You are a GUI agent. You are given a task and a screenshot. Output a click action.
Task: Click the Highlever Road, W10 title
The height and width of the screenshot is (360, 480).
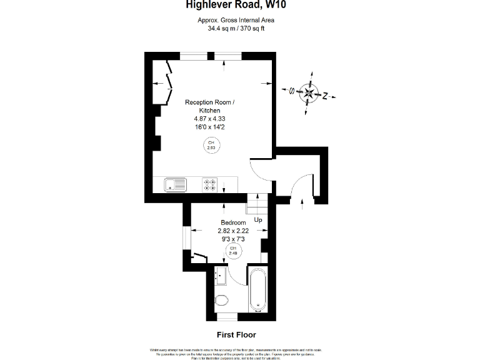coord(236,6)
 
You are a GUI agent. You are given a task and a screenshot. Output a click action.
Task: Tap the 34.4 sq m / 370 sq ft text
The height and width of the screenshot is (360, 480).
coord(236,28)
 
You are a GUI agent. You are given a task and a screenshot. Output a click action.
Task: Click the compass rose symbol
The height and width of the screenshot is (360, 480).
coord(308,94)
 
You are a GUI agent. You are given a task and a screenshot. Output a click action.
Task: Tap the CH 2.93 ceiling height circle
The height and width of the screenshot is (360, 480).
coord(211,146)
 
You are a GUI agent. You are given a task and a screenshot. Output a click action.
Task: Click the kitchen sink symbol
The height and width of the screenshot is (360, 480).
coord(176,185)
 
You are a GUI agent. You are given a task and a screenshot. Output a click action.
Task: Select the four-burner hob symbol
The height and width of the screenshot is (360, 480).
coord(210,185)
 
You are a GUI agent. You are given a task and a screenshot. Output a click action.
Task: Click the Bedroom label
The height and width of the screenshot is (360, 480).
coord(233,222)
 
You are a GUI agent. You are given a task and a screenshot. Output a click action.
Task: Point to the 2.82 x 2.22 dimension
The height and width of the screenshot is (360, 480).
coord(233,231)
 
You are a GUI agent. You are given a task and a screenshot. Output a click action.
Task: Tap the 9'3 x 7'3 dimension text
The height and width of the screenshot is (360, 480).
coord(233,239)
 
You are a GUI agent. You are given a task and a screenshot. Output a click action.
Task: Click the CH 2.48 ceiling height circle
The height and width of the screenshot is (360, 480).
coord(232,251)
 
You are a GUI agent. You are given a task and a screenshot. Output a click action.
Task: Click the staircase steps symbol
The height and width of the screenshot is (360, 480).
coord(257,204)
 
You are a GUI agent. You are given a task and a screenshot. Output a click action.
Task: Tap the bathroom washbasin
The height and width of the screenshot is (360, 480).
coord(219,274)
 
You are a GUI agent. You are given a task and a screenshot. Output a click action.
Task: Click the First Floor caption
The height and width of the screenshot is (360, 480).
coord(236,335)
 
